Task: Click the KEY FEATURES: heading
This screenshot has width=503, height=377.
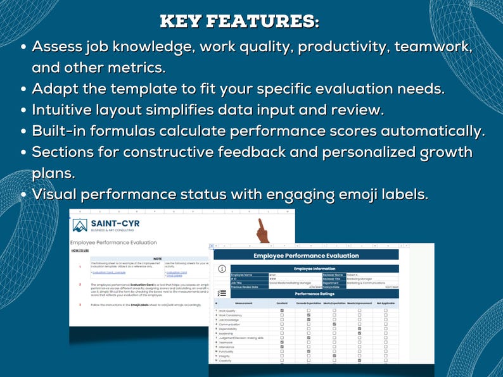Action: [239, 21]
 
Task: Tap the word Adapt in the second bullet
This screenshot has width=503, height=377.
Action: [55, 88]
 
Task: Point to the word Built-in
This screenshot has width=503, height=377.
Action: [61, 131]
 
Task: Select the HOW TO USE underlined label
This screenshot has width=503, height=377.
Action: [79, 250]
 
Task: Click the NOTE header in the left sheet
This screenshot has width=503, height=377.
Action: [157, 258]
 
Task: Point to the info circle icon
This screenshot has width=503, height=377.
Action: [222, 269]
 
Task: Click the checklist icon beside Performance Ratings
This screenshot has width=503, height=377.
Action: [222, 293]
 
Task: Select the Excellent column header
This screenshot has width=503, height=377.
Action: [282, 304]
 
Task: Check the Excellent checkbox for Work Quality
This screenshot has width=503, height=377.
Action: [282, 311]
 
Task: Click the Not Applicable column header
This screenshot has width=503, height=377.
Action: [385, 304]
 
